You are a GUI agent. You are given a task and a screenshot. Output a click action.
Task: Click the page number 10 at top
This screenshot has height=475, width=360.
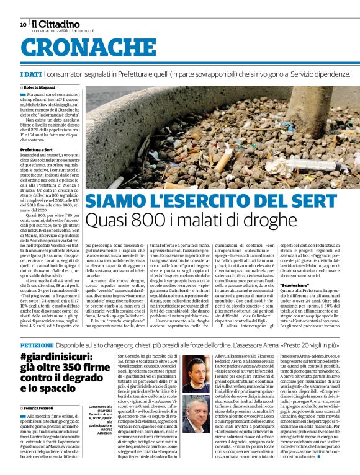23,24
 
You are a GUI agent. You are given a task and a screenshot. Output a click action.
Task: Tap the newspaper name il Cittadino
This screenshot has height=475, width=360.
60,24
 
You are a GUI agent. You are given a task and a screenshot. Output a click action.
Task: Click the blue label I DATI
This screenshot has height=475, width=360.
30,74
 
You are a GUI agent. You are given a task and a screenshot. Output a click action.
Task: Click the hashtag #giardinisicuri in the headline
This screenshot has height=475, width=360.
56,357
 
